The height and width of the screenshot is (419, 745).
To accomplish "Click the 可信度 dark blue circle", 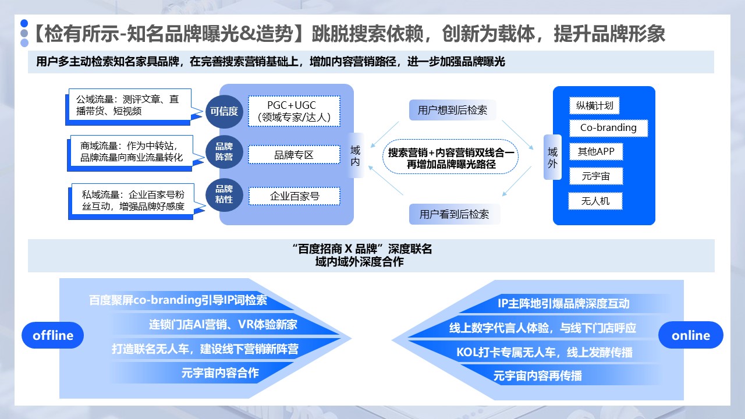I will (x=224, y=112).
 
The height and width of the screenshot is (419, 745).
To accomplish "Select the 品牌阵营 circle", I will (x=224, y=152).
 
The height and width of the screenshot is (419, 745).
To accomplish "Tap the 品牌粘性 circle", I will (x=224, y=194).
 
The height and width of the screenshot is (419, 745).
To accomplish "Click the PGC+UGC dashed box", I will (x=294, y=111).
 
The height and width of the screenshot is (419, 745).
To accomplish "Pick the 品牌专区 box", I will (x=294, y=155).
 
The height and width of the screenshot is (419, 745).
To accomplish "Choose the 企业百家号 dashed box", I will (x=294, y=196).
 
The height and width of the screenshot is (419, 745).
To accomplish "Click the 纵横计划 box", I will (x=594, y=106).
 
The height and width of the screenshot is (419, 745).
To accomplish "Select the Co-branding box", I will (x=608, y=128).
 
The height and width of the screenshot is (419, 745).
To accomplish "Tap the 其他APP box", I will (x=595, y=152).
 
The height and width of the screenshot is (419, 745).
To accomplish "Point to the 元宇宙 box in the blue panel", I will (x=595, y=176).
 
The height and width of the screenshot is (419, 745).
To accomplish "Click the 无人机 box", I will (x=595, y=201).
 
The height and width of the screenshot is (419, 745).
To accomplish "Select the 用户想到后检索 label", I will (x=452, y=110).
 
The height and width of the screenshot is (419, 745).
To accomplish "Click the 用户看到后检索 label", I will (x=454, y=214).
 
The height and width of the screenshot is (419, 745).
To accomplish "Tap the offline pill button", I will (x=53, y=335).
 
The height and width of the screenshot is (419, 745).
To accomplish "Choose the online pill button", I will (x=690, y=335).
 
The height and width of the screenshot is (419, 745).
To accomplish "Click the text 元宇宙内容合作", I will (x=220, y=373).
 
